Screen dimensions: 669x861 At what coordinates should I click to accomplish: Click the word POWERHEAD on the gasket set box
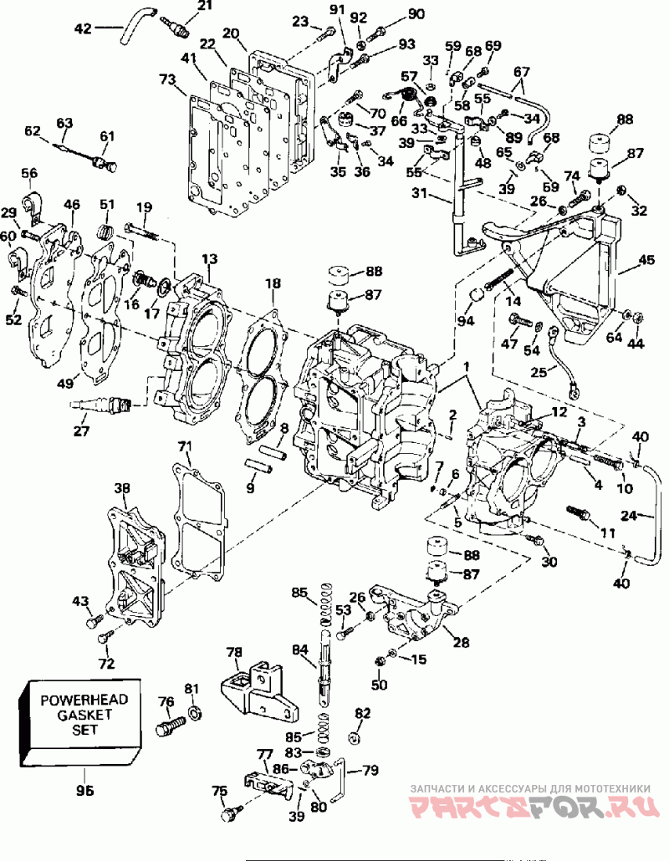point(84,701)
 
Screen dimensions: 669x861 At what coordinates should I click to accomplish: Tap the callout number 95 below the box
point(85,790)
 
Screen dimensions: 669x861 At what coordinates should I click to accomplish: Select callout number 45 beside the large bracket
point(647,260)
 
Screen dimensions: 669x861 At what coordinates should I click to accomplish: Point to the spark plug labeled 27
point(101,405)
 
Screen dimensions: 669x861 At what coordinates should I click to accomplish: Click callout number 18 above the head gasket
point(273,283)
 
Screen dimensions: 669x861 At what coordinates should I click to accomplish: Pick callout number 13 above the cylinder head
point(209,258)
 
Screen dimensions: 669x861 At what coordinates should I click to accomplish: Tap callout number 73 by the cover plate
point(167,81)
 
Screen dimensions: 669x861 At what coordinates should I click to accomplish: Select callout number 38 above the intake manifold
point(122,487)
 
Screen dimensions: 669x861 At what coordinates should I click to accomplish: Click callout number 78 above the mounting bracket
point(234,652)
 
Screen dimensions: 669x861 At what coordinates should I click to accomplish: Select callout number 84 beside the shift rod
point(300,650)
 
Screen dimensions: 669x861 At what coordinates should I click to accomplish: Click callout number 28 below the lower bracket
point(462,641)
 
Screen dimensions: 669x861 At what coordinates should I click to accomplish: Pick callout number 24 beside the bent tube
point(629,516)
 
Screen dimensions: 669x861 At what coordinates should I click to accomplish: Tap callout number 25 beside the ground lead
point(539,372)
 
